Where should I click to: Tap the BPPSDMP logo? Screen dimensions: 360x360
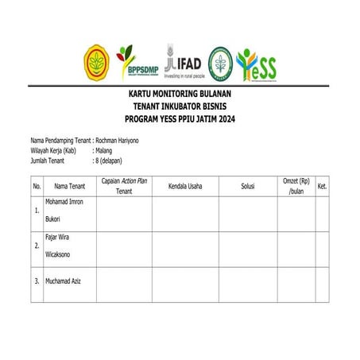pyautogui.click(x=137, y=62)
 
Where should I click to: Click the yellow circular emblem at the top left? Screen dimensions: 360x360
pyautogui.click(x=99, y=62)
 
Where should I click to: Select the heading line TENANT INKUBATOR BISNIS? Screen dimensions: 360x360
pyautogui.click(x=180, y=106)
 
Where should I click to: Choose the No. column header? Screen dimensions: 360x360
pyautogui.click(x=37, y=186)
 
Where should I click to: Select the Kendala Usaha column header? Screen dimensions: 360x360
pyautogui.click(x=185, y=186)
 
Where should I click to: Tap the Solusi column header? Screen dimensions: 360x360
pyautogui.click(x=247, y=186)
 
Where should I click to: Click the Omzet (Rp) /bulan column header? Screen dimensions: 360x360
pyautogui.click(x=296, y=186)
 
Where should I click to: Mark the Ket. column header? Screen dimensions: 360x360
pyautogui.click(x=322, y=186)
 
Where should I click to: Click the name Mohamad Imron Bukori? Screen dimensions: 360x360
pyautogui.click(x=64, y=210)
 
